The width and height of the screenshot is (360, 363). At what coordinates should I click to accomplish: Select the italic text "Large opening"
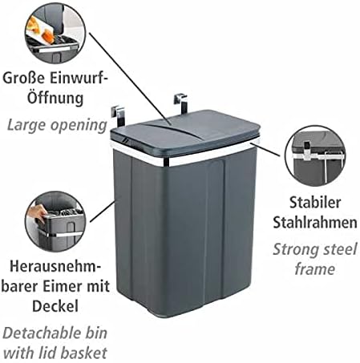(x=57, y=125)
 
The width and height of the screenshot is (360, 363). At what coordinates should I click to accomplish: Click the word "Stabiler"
(x=315, y=202)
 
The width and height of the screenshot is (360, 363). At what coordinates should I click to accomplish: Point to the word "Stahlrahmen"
(x=315, y=222)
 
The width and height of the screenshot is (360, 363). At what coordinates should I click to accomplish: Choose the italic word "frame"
(x=315, y=268)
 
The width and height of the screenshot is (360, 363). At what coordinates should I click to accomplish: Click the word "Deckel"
(x=55, y=305)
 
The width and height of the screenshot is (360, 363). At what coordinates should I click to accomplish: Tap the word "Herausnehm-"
(x=55, y=266)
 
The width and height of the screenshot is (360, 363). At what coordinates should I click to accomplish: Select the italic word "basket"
(x=83, y=353)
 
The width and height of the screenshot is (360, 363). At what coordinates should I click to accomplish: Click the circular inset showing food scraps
(x=55, y=33)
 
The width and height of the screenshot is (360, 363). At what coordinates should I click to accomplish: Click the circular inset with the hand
(x=55, y=221)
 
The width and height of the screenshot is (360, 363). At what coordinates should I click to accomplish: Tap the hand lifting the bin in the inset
(x=37, y=213)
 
